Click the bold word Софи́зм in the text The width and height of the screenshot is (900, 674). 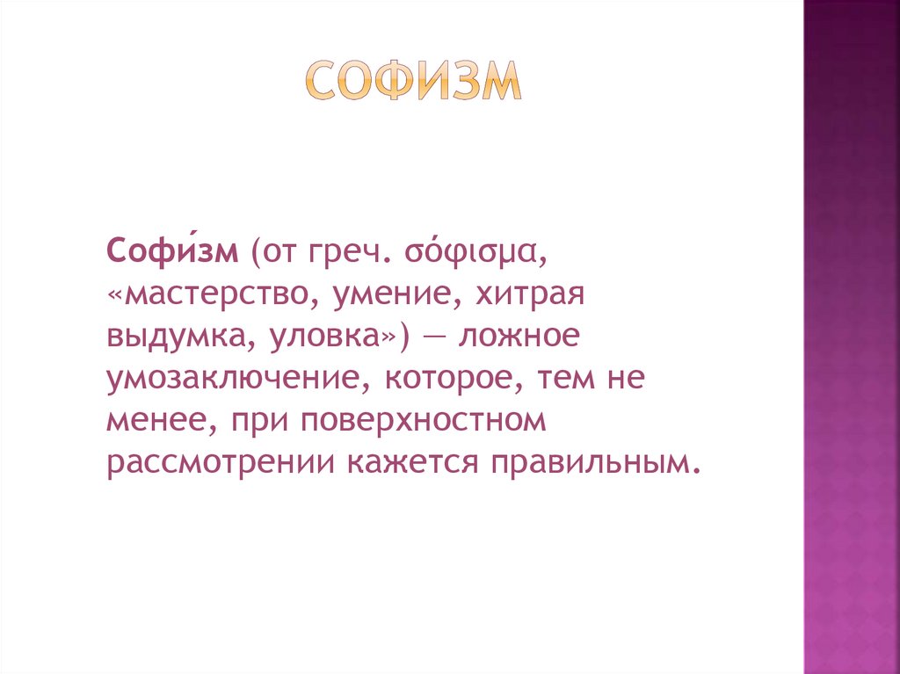tap(173, 253)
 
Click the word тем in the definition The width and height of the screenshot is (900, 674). tap(556, 379)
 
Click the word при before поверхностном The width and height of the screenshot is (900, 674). tap(259, 421)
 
